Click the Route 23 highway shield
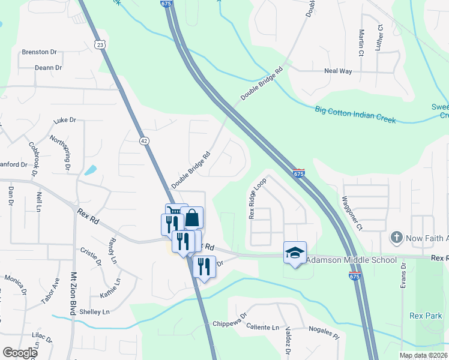tap(100, 44)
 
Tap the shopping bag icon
tap(192, 217)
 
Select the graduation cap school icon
tap(295, 253)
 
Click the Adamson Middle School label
tap(351, 260)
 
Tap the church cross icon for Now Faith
tap(396, 238)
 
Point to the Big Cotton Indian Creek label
tap(355, 114)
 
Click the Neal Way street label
tap(338, 71)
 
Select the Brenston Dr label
tap(39, 52)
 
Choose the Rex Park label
tap(426, 316)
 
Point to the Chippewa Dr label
tap(230, 324)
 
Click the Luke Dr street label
tap(65, 121)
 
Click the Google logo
tap(20, 353)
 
